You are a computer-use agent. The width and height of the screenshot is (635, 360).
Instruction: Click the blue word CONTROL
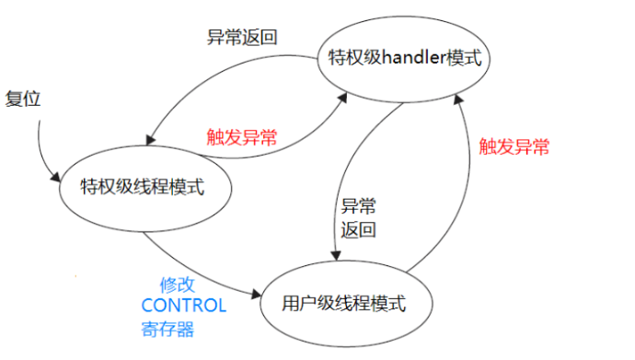point(183,306)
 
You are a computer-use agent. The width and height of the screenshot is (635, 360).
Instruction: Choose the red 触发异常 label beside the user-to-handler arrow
point(514,145)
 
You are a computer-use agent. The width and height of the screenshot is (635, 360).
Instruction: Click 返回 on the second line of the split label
point(358,228)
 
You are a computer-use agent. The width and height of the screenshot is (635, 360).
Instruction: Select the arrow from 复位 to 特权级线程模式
point(41,147)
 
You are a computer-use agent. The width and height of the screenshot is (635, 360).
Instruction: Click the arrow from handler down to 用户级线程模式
point(347,175)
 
